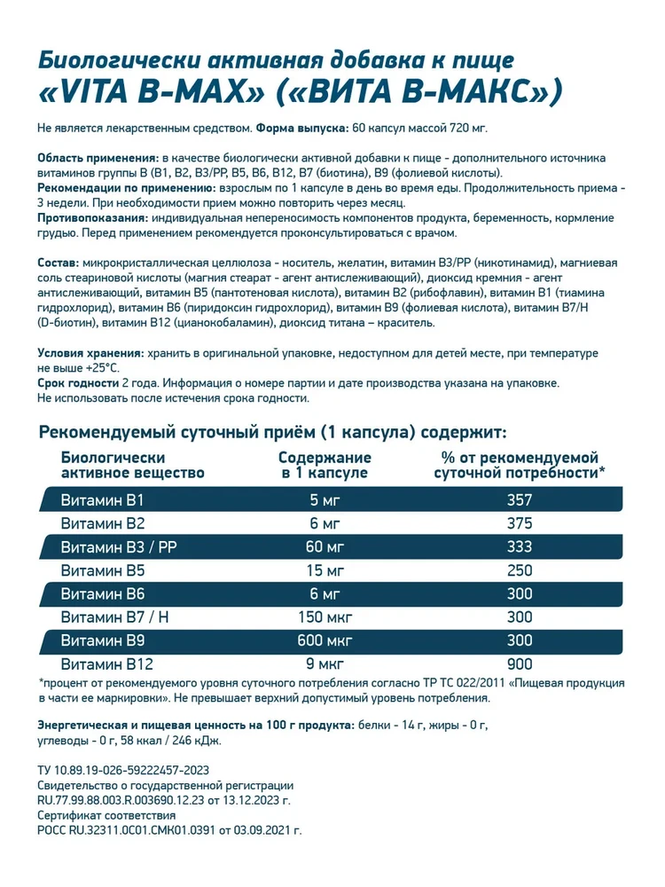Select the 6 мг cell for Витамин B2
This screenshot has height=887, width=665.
(x=325, y=523)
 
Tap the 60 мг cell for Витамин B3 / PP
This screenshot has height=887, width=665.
(x=325, y=546)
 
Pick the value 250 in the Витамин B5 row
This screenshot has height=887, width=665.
(x=520, y=570)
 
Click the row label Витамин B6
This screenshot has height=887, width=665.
(x=97, y=593)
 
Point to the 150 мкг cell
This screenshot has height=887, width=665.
(x=325, y=616)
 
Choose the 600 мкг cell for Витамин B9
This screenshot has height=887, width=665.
(x=325, y=640)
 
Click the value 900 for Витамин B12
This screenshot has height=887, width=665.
(x=520, y=663)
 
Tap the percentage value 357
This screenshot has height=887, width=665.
(x=520, y=500)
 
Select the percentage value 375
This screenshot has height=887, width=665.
(x=520, y=523)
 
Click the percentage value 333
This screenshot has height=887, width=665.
(x=520, y=546)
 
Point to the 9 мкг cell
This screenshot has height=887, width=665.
(x=325, y=663)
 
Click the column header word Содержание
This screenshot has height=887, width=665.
(x=325, y=458)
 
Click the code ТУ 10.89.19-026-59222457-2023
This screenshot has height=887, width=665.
(x=123, y=771)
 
